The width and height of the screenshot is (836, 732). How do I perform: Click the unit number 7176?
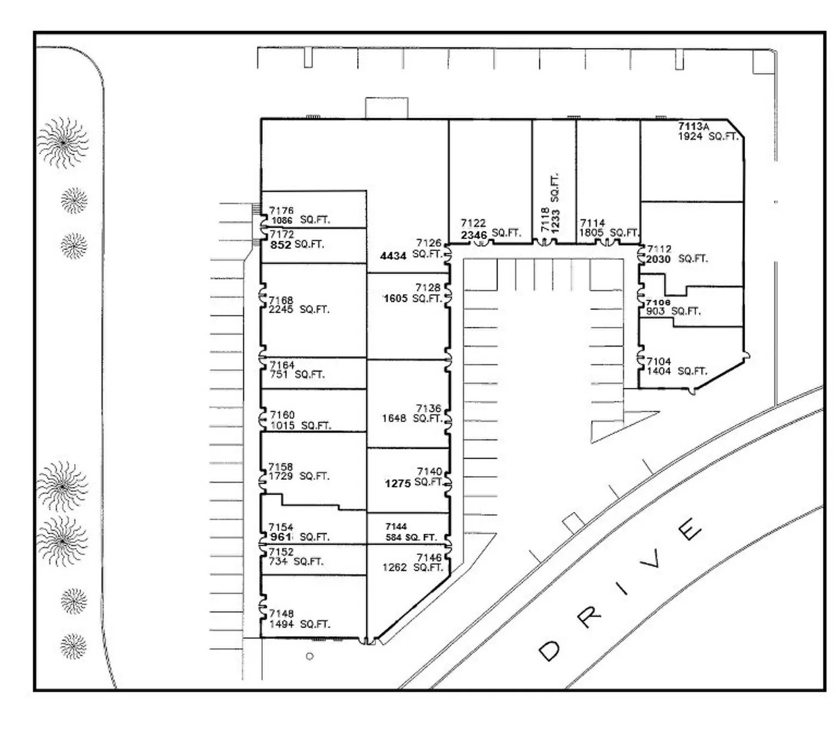pos(281,211)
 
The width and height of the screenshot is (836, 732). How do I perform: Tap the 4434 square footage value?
pos(393,256)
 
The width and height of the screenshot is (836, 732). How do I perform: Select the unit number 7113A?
pos(693,127)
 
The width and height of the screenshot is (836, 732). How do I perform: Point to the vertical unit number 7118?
pos(545,220)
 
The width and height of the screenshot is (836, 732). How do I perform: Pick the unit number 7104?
pos(659,362)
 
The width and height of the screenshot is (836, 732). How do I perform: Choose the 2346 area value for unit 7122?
pos(474,235)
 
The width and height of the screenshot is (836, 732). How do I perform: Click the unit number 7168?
pos(281,300)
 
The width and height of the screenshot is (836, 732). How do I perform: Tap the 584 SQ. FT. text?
pos(411,537)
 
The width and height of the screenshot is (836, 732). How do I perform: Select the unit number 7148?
pos(281,614)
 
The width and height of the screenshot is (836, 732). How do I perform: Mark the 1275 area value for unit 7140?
pos(398,483)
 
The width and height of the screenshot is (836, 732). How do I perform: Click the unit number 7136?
pos(428,409)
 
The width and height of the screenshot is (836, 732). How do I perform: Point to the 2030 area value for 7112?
pos(658,259)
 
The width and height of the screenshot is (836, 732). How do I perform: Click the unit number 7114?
pos(592,223)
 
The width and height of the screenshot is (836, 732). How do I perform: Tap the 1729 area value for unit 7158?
pos(281,476)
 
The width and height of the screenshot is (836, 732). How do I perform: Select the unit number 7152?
pos(281,552)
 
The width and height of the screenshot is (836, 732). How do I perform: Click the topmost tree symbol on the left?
pos(63,143)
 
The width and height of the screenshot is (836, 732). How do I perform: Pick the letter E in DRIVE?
pos(690,528)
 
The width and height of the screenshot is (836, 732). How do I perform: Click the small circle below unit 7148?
pos(309,656)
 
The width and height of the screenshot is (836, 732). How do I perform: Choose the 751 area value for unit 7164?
pos(279,375)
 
